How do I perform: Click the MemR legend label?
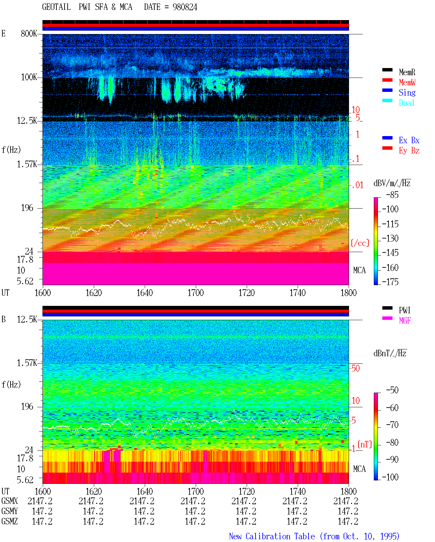pyautogui.click(x=407, y=72)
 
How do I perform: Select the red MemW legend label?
pyautogui.click(x=407, y=82)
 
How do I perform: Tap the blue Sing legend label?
pyautogui.click(x=407, y=93)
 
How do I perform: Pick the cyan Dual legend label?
pyautogui.click(x=406, y=103)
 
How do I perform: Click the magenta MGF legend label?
pyautogui.click(x=405, y=321)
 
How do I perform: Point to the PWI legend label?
pyautogui.click(x=404, y=310)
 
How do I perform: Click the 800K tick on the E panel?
pyautogui.click(x=29, y=33)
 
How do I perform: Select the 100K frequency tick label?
pyautogui.click(x=29, y=77)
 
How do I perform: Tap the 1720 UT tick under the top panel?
pyautogui.click(x=247, y=293)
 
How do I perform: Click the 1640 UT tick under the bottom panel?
pyautogui.click(x=145, y=491)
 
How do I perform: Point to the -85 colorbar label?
pyautogui.click(x=393, y=195)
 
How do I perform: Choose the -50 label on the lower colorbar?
pyautogui.click(x=393, y=390)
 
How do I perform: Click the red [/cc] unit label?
pyautogui.click(x=360, y=243)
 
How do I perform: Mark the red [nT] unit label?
pyautogui.click(x=365, y=444)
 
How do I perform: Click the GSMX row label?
pyautogui.click(x=10, y=501)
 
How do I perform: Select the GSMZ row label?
pyautogui.click(x=10, y=521)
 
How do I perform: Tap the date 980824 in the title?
pyautogui.click(x=185, y=7)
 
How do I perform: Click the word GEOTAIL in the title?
pyautogui.click(x=56, y=7)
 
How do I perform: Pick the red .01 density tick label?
pyautogui.click(x=358, y=185)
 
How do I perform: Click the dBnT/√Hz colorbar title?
pyautogui.click(x=390, y=353)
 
